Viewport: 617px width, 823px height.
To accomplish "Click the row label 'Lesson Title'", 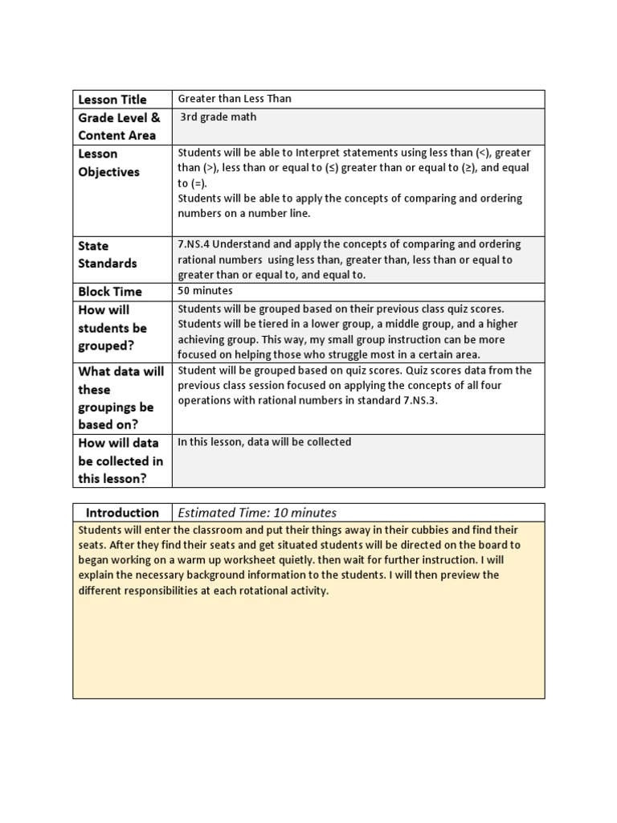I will (112, 100).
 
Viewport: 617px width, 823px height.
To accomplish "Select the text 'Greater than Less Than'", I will (235, 99).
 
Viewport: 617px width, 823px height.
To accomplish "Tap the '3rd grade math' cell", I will (219, 117).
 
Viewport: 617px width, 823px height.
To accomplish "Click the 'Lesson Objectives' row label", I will (108, 162).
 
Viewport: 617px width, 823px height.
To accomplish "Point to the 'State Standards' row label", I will (107, 254).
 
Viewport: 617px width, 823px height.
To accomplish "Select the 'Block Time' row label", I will (110, 292).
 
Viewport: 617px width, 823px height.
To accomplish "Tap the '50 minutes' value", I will (205, 290).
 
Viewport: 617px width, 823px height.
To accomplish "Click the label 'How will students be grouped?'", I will (112, 328).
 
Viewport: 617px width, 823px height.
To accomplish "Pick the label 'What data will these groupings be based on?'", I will (120, 398).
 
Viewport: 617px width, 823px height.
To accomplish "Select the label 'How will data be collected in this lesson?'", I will (120, 461).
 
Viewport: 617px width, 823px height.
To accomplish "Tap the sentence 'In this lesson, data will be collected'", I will (264, 442).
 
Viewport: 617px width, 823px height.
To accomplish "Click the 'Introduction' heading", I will (122, 513).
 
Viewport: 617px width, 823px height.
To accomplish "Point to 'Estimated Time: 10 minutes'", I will (257, 513).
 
